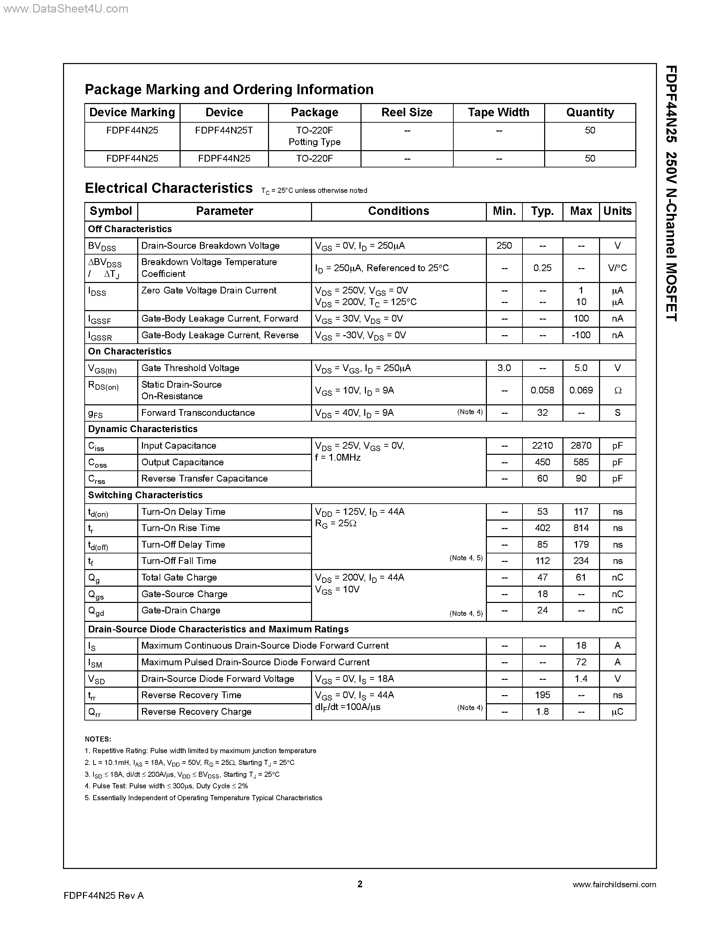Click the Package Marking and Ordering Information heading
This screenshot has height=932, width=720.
[x=229, y=89]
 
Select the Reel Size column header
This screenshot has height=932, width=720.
[x=407, y=112]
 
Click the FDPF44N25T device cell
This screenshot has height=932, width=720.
[x=224, y=130]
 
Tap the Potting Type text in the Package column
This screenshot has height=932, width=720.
[x=314, y=142]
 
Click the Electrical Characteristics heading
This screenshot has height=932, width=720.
[x=168, y=188]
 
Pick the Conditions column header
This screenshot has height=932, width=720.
[x=398, y=211]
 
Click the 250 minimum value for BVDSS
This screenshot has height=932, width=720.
[x=504, y=245]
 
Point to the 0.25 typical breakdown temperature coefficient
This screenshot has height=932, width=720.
[x=542, y=268]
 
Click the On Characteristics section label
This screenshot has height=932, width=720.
[x=130, y=351]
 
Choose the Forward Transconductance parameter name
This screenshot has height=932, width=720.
[x=198, y=413]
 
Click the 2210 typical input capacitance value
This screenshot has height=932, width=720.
[x=542, y=446]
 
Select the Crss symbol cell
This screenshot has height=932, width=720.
[x=97, y=479]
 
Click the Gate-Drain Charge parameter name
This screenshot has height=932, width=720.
[x=181, y=610]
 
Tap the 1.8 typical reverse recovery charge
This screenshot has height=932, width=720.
[x=542, y=711]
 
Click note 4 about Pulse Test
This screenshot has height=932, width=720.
[x=166, y=786]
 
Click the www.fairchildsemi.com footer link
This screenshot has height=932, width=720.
[x=614, y=885]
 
